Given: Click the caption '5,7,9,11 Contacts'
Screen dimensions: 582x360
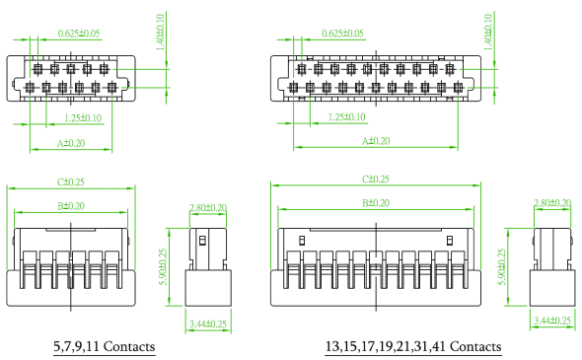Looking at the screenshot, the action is tap(105, 346).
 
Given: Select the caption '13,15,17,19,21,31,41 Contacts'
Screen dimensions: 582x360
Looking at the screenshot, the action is tap(413, 346).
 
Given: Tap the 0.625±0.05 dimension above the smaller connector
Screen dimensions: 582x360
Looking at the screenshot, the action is tap(79, 34).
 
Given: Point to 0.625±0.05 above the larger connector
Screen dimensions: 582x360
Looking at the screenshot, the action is tap(342, 34).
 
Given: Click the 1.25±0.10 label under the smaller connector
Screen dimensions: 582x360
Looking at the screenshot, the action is tap(83, 118).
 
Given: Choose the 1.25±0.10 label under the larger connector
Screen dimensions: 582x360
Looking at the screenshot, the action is tap(347, 117).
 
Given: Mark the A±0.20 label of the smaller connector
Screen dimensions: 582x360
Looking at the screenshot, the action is tap(71, 143).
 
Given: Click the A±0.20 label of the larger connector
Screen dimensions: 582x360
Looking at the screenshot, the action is tap(376, 141).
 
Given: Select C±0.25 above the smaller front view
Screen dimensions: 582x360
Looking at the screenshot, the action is tap(70, 181).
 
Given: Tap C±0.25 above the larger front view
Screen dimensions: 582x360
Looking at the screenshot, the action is tap(376, 179).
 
